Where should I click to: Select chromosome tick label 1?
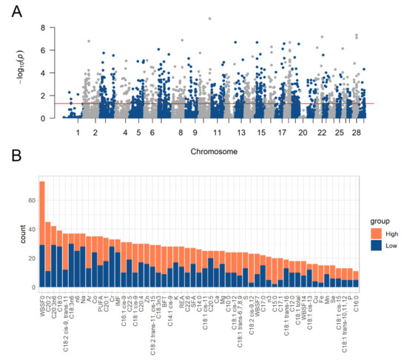point(77,132)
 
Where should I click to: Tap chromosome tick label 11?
point(217,132)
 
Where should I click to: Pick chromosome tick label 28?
point(358,132)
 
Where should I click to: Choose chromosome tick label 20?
point(303,132)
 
